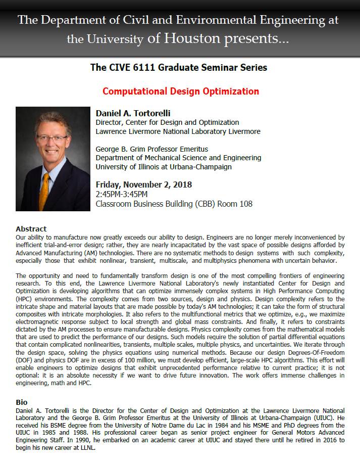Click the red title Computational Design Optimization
click(180, 91)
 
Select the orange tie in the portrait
click(46, 188)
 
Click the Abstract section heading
click(31, 229)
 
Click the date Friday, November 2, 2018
click(144, 184)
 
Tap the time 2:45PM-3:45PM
click(122, 194)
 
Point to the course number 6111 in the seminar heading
click(149, 67)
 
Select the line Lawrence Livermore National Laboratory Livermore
click(178, 131)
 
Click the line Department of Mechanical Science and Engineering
click(178, 158)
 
